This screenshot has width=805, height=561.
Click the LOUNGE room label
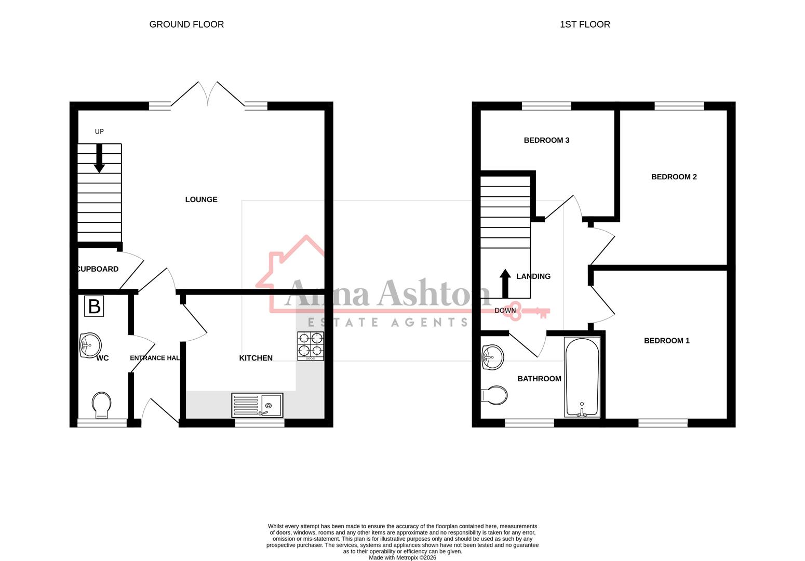point(201,199)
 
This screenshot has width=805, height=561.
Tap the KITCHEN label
point(256,358)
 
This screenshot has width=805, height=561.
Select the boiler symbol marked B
point(94,306)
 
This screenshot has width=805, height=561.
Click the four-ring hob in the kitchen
point(311,346)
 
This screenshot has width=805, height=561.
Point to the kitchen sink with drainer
point(257,405)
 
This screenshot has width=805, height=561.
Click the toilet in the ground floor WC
point(101,405)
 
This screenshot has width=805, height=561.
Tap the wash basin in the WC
point(90,344)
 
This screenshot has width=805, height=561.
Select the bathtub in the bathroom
point(582,377)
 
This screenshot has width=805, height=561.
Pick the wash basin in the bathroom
point(492,357)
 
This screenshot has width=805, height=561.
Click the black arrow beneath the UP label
point(99,158)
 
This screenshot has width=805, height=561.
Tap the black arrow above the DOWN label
point(505,283)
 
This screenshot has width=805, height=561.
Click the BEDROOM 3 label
point(546,140)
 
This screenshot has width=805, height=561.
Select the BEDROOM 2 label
point(674,177)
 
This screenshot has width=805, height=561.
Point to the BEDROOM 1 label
point(666,341)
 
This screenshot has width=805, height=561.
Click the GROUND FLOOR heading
point(186,24)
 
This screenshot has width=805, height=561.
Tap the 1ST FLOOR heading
point(585,24)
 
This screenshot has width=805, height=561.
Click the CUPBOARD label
point(98,269)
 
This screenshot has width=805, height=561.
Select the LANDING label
point(533,276)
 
